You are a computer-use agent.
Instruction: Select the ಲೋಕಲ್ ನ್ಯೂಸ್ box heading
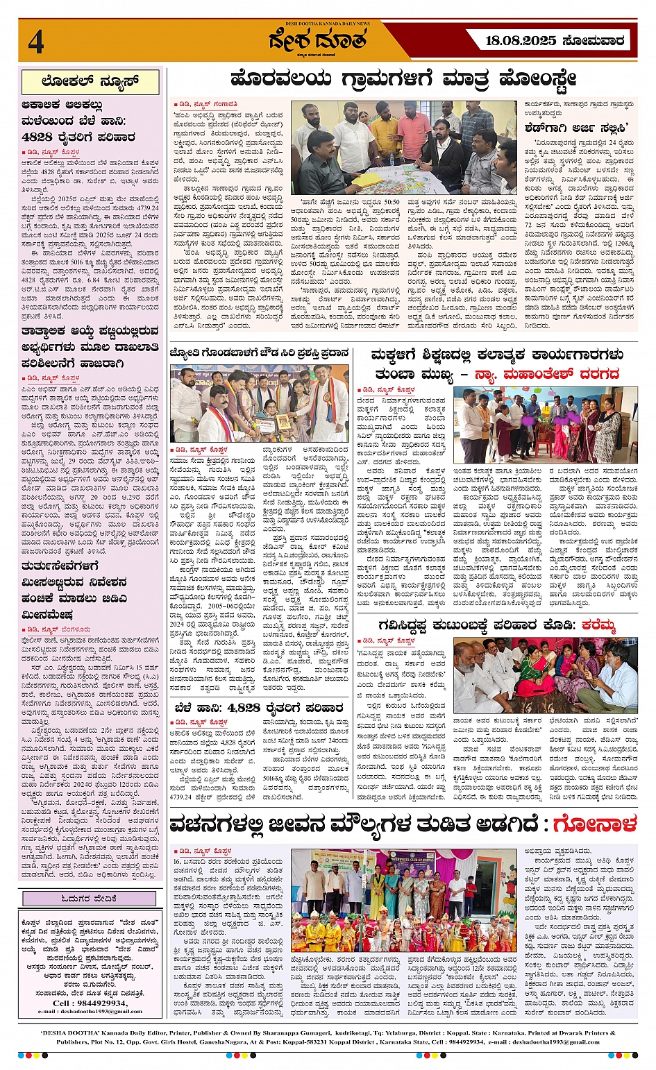[90, 83]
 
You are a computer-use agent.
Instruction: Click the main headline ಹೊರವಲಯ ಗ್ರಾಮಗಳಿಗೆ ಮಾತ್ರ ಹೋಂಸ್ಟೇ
[403, 79]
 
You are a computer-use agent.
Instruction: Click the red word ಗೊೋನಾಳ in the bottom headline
[594, 824]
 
